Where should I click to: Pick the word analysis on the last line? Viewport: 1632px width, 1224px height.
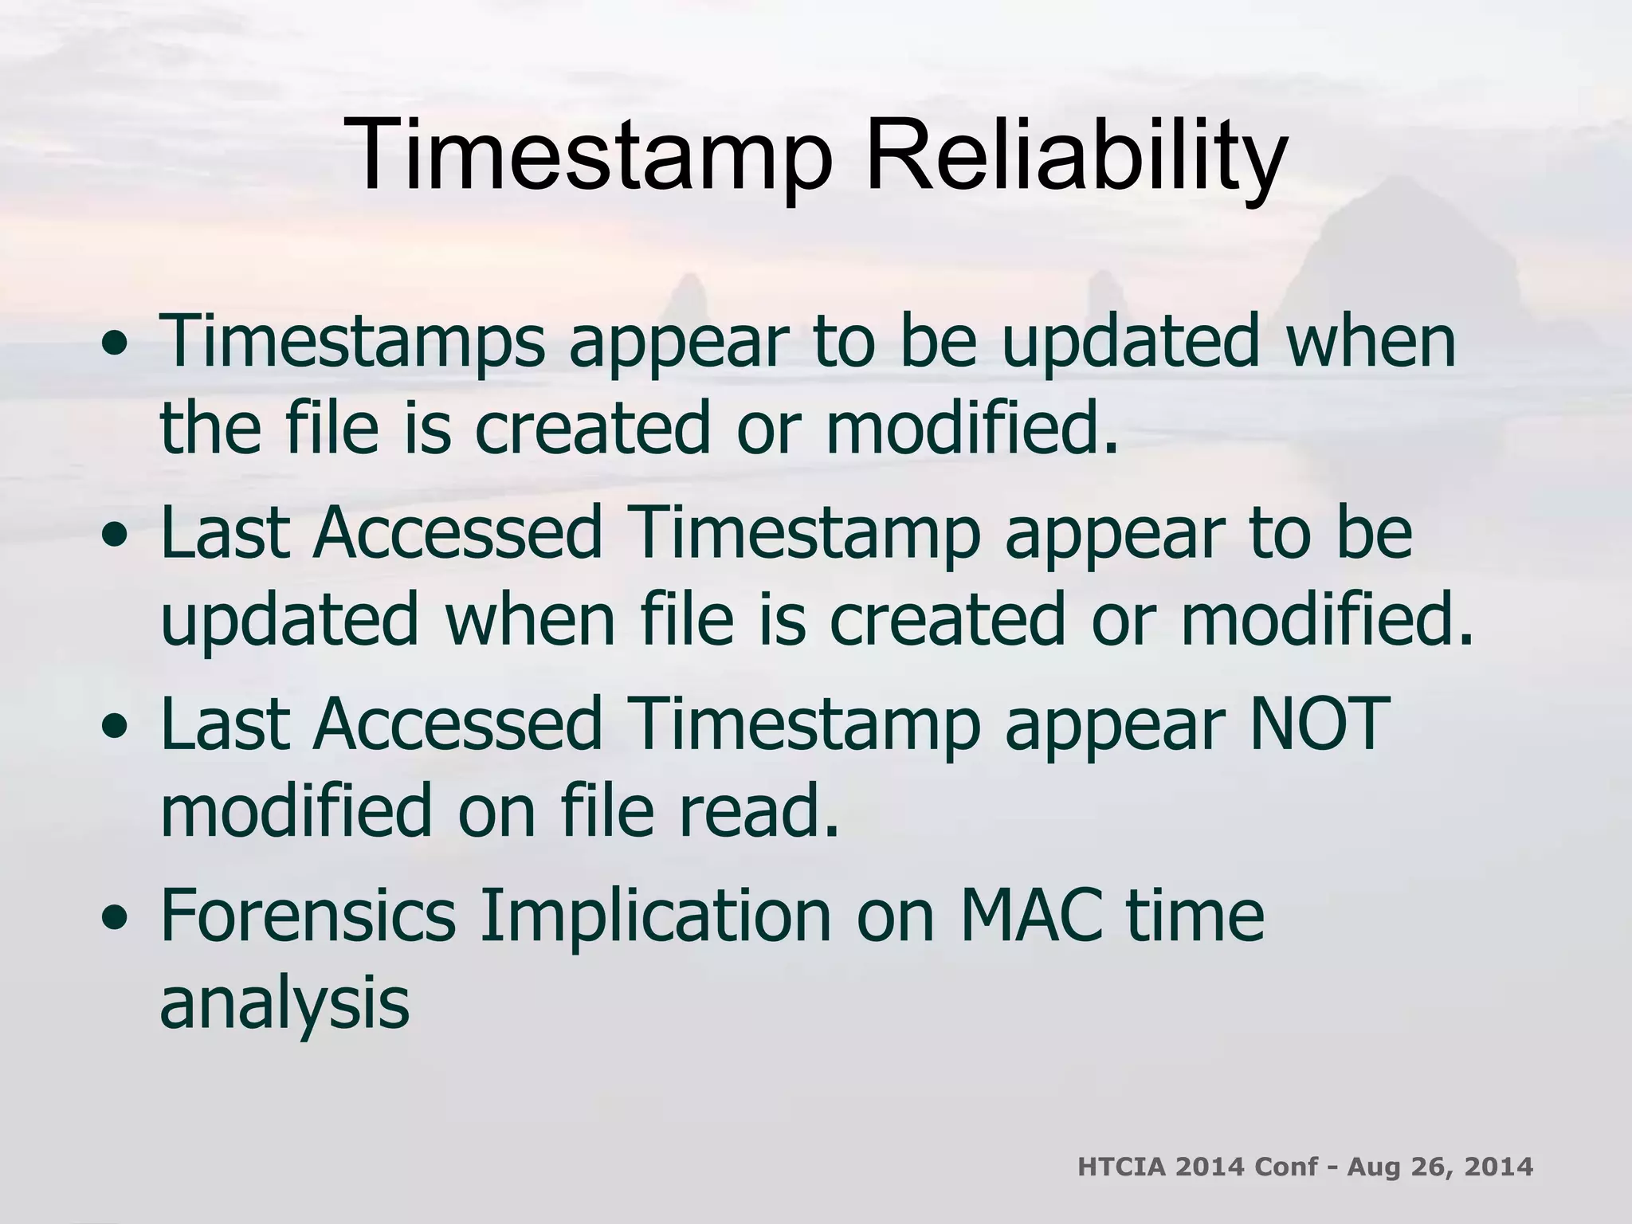tap(284, 1002)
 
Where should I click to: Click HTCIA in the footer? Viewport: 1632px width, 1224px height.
tap(1120, 1167)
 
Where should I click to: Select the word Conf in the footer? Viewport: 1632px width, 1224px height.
tap(1285, 1167)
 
